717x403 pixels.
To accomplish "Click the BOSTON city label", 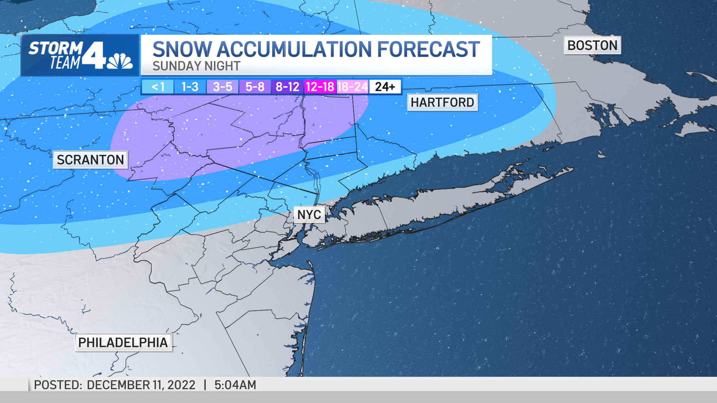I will tap(592, 45).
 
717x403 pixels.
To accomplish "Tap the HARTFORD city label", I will tap(442, 102).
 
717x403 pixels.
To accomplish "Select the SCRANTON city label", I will tap(90, 160).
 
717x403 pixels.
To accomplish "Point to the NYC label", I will tap(309, 215).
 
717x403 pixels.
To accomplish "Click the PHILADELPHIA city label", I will tap(123, 343).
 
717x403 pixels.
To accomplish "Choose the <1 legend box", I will tap(158, 87).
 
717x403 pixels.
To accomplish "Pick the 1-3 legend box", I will tap(190, 87).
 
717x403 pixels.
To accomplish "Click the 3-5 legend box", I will tap(222, 87).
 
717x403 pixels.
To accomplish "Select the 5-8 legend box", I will tap(255, 87).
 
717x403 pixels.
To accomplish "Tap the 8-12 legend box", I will tap(287, 87).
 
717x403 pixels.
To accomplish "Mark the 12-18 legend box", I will tap(320, 87).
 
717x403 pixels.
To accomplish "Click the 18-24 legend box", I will tap(352, 87).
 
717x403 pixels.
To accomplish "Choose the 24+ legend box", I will tap(385, 87).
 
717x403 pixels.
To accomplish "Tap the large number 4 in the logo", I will tap(94, 55).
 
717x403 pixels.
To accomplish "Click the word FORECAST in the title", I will tap(428, 50).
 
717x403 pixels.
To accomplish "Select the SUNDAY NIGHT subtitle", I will tap(196, 66).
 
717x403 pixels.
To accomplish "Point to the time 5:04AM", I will tap(235, 385).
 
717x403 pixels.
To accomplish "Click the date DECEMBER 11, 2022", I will tap(141, 385).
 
